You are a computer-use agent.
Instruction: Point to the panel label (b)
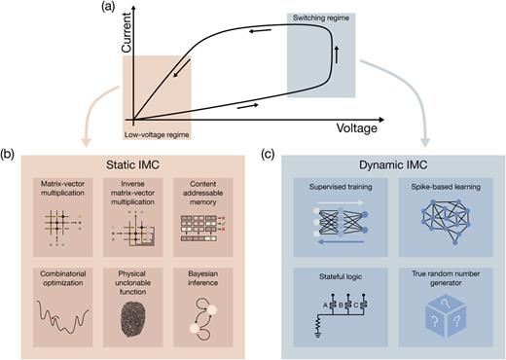10,155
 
